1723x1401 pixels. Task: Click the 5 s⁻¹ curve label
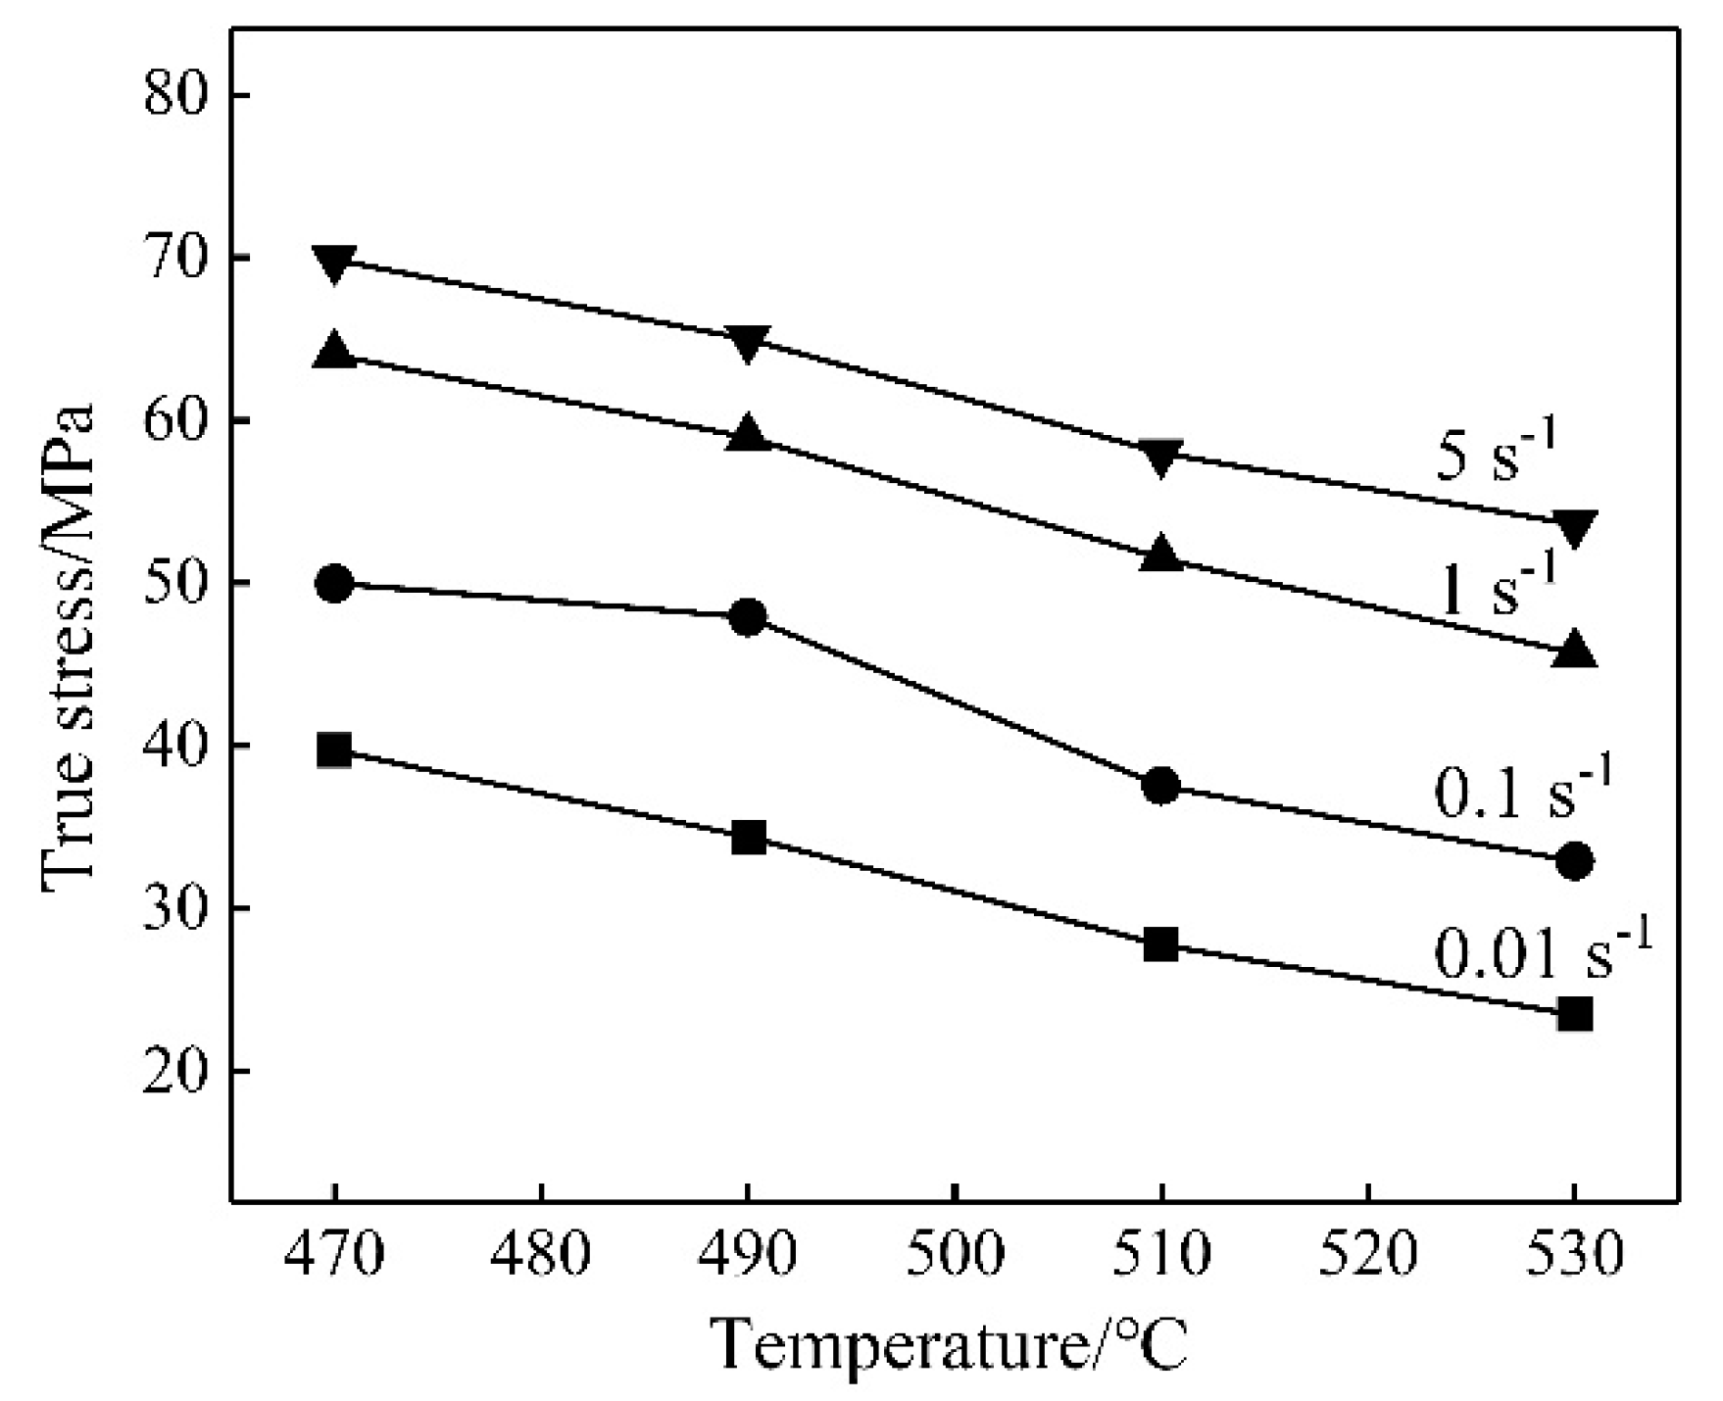coord(1496,453)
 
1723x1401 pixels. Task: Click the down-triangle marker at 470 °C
coord(334,264)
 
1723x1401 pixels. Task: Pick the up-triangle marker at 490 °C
coord(748,432)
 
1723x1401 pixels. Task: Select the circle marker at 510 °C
coord(1161,786)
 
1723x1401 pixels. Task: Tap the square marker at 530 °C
coord(1574,1014)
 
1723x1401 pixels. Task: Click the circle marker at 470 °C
coord(334,584)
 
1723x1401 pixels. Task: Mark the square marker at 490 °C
coord(748,838)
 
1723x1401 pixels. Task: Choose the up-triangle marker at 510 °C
coord(1161,554)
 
